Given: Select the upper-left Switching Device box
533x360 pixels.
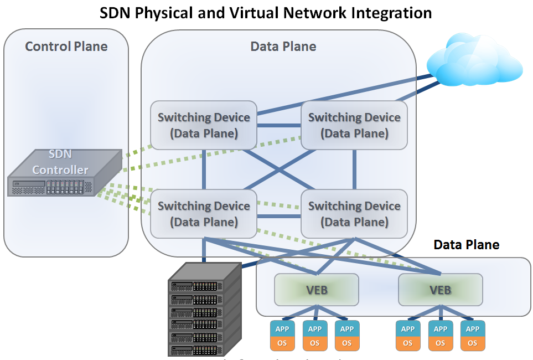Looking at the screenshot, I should pyautogui.click(x=204, y=125).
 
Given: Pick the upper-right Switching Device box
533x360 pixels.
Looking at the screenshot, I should pyautogui.click(x=354, y=125).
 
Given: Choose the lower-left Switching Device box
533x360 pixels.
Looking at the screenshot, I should pyautogui.click(x=204, y=214).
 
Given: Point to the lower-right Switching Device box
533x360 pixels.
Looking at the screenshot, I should pyautogui.click(x=354, y=214).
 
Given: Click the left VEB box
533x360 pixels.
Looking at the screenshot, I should pyautogui.click(x=317, y=289).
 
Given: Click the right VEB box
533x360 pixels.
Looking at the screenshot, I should pyautogui.click(x=441, y=289).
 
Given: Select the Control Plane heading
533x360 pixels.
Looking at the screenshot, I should pyautogui.click(x=66, y=46).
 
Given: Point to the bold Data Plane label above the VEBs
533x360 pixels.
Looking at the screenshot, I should pyautogui.click(x=466, y=245).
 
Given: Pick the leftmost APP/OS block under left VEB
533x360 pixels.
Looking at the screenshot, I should pyautogui.click(x=282, y=336).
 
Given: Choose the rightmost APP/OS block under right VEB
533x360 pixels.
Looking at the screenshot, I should pyautogui.click(x=473, y=336).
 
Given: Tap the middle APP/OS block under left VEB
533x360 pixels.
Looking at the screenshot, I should pyautogui.click(x=314, y=336).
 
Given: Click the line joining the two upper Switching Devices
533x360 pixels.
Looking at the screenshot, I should pyautogui.click(x=278, y=126).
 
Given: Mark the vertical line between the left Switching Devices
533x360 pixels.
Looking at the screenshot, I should pyautogui.click(x=204, y=169).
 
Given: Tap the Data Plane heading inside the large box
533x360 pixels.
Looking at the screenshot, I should pyautogui.click(x=283, y=46).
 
